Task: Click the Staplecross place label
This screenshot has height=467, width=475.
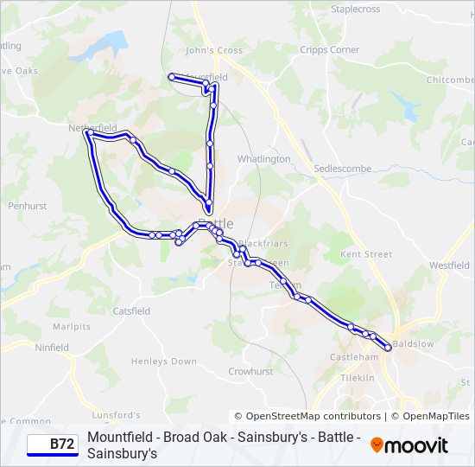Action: click(355, 9)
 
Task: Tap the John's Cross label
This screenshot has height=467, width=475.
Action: click(213, 50)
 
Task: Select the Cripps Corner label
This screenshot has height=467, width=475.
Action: click(329, 50)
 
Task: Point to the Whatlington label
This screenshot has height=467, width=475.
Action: click(263, 159)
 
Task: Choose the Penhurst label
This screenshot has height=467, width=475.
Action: click(27, 207)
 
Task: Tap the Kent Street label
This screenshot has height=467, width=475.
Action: click(366, 254)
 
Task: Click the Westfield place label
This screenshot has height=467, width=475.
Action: click(449, 265)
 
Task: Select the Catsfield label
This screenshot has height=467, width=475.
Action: click(131, 310)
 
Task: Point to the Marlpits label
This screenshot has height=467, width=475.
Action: click(71, 327)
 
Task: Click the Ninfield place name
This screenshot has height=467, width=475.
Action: click(52, 348)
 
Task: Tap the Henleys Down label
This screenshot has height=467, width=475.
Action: click(163, 361)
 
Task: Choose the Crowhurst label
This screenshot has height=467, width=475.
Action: click(250, 371)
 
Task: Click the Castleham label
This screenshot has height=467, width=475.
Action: click(355, 357)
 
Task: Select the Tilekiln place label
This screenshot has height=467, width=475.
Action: click(357, 378)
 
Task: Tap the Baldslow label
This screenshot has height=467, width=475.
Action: click(413, 343)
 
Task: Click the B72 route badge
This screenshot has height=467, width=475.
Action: click(52, 445)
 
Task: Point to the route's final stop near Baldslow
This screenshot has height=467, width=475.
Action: click(388, 348)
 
